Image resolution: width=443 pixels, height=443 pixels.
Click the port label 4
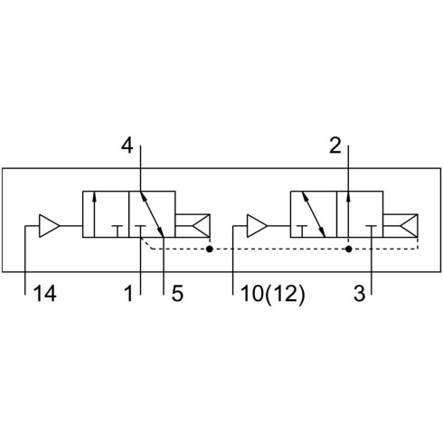(127, 146)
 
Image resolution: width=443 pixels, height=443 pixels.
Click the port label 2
(335, 146)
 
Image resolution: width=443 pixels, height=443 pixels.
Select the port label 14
(45, 294)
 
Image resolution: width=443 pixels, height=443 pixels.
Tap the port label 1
(129, 294)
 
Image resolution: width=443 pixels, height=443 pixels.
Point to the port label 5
(177, 294)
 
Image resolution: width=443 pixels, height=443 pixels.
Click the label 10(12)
(273, 294)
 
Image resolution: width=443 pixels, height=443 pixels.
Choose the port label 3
(359, 294)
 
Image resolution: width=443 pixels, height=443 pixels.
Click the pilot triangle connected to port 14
(49, 226)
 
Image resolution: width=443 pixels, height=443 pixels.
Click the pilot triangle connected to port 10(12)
(257, 226)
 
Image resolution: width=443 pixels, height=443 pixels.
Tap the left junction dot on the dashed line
(210, 249)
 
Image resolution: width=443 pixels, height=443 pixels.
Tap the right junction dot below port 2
(348, 249)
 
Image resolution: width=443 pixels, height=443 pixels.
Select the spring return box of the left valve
(193, 226)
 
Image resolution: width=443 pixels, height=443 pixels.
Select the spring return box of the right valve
(401, 226)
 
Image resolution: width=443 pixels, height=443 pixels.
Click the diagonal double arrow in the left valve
(152, 214)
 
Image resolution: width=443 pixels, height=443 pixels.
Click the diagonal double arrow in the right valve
(314, 214)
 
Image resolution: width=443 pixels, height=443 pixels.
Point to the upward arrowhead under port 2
(348, 196)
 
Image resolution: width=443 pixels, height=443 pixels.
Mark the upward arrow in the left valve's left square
(94, 214)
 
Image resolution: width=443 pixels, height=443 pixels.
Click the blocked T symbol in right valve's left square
(302, 231)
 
